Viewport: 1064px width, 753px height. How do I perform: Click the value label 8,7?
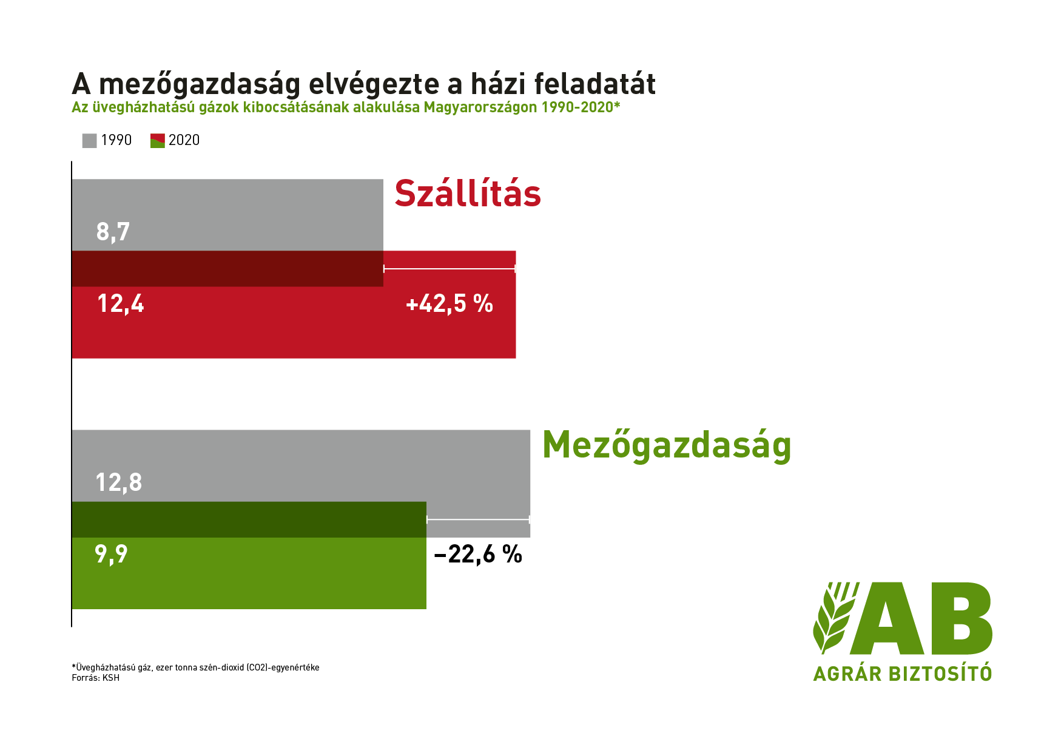pyautogui.click(x=113, y=232)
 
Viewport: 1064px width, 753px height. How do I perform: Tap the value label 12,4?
pyautogui.click(x=121, y=303)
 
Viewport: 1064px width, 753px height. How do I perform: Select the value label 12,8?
pyautogui.click(x=119, y=482)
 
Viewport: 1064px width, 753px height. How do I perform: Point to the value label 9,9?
pyautogui.click(x=112, y=554)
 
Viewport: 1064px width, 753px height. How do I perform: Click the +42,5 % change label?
pyautogui.click(x=450, y=303)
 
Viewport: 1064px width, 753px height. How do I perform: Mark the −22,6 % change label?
pyautogui.click(x=478, y=554)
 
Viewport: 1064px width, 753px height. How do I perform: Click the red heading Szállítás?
pyautogui.click(x=468, y=193)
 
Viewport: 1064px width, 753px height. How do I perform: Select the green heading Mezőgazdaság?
pyautogui.click(x=667, y=445)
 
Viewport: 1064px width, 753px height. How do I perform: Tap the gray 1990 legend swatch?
pyautogui.click(x=89, y=140)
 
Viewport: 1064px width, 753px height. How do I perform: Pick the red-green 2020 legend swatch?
pyautogui.click(x=158, y=140)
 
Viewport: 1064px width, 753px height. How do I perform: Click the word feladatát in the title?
pyautogui.click(x=595, y=84)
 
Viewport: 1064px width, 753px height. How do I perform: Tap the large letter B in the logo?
pyautogui.click(x=960, y=618)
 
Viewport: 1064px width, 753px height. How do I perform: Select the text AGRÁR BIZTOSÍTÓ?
pyautogui.click(x=903, y=673)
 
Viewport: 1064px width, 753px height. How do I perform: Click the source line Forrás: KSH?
pyautogui.click(x=96, y=678)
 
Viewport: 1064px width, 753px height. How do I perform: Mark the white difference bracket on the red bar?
pyautogui.click(x=450, y=269)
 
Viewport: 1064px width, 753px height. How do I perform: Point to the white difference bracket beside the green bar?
pyautogui.click(x=478, y=519)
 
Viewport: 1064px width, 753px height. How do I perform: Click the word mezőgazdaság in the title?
pyautogui.click(x=200, y=85)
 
